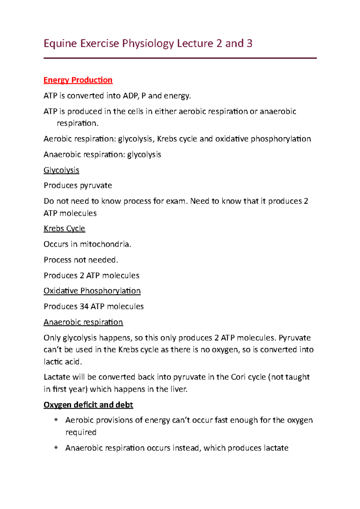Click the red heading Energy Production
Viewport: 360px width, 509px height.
point(78,80)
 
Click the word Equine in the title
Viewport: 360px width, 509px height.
point(60,44)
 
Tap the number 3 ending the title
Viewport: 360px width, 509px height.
point(249,44)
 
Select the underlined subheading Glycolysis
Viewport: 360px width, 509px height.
point(61,170)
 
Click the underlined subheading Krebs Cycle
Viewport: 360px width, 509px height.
point(64,229)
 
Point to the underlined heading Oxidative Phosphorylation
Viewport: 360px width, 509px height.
point(92,291)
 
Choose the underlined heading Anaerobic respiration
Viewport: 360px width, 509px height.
point(83,322)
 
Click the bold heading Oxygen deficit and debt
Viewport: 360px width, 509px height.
point(88,405)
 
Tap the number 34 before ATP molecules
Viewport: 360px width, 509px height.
point(84,307)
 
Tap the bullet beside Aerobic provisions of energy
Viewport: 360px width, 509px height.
point(56,420)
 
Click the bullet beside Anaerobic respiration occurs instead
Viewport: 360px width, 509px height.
point(56,448)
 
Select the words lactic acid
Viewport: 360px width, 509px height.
point(62,362)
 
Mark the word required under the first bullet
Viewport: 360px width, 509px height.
point(81,433)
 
